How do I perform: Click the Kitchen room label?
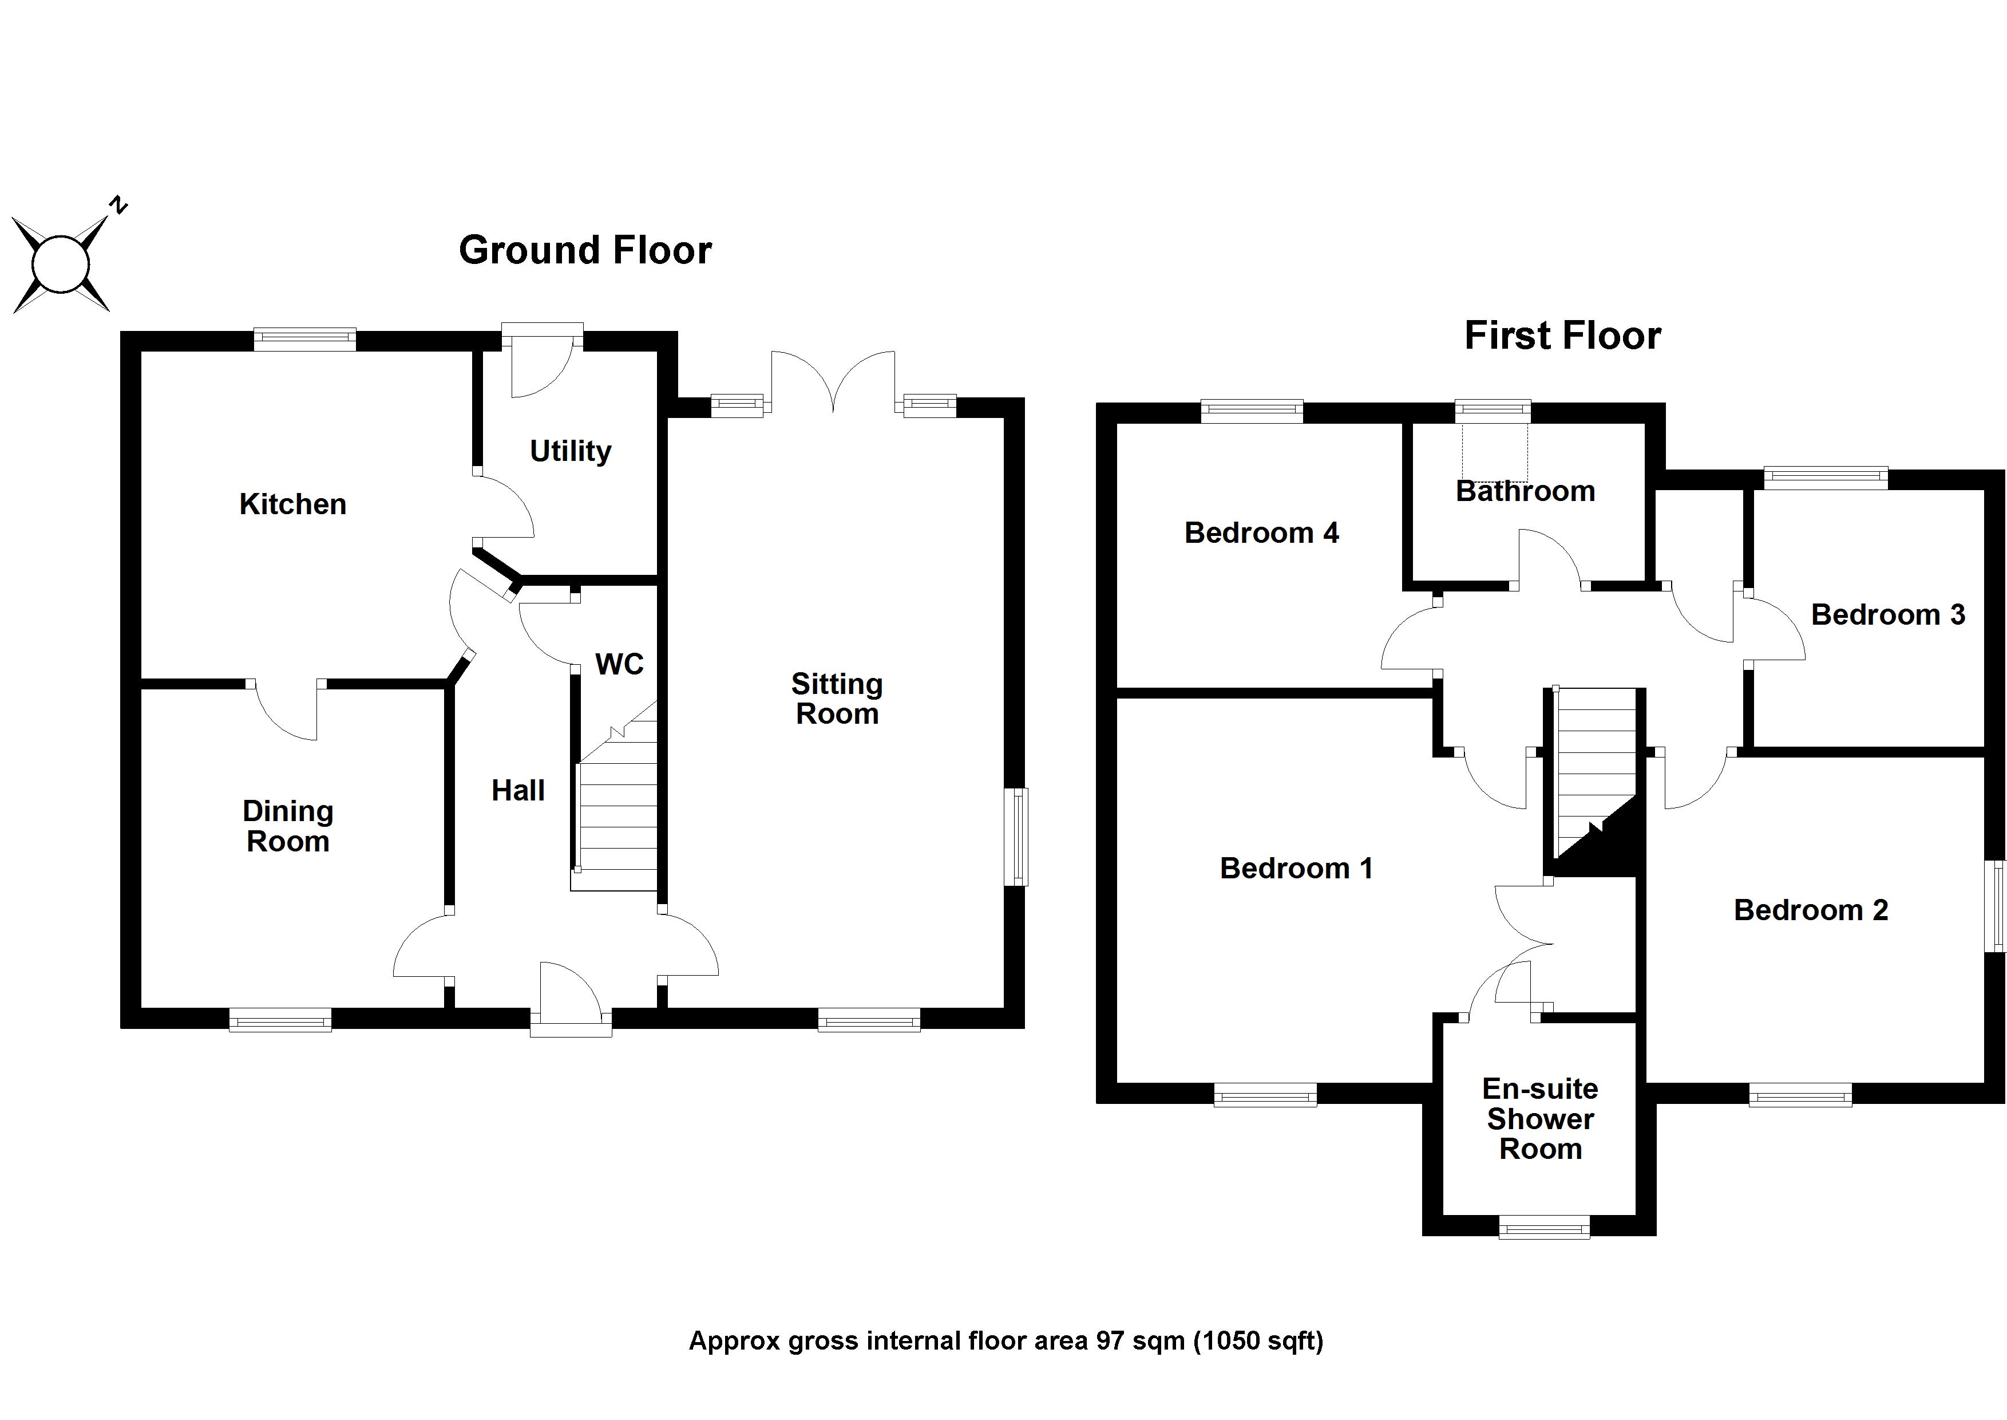pyautogui.click(x=293, y=504)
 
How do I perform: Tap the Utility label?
pyautogui.click(x=570, y=451)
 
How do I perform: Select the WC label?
pyautogui.click(x=619, y=665)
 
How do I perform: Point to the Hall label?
pyautogui.click(x=517, y=790)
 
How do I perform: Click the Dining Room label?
pyautogui.click(x=288, y=826)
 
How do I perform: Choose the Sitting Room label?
pyautogui.click(x=837, y=699)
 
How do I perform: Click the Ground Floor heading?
pyautogui.click(x=585, y=250)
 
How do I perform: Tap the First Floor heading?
pyautogui.click(x=1562, y=336)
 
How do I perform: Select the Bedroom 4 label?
pyautogui.click(x=1261, y=532)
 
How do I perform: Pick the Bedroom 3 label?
pyautogui.click(x=1887, y=615)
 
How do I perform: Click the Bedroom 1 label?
pyautogui.click(x=1296, y=868)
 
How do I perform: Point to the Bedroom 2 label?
pyautogui.click(x=1810, y=910)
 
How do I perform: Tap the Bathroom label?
pyautogui.click(x=1525, y=491)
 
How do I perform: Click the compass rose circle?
pyautogui.click(x=60, y=264)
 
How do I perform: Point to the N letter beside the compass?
pyautogui.click(x=118, y=206)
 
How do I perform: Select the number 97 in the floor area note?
pyautogui.click(x=1111, y=1340)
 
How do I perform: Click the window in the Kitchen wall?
pyautogui.click(x=304, y=340)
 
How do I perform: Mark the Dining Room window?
pyautogui.click(x=280, y=1020)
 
